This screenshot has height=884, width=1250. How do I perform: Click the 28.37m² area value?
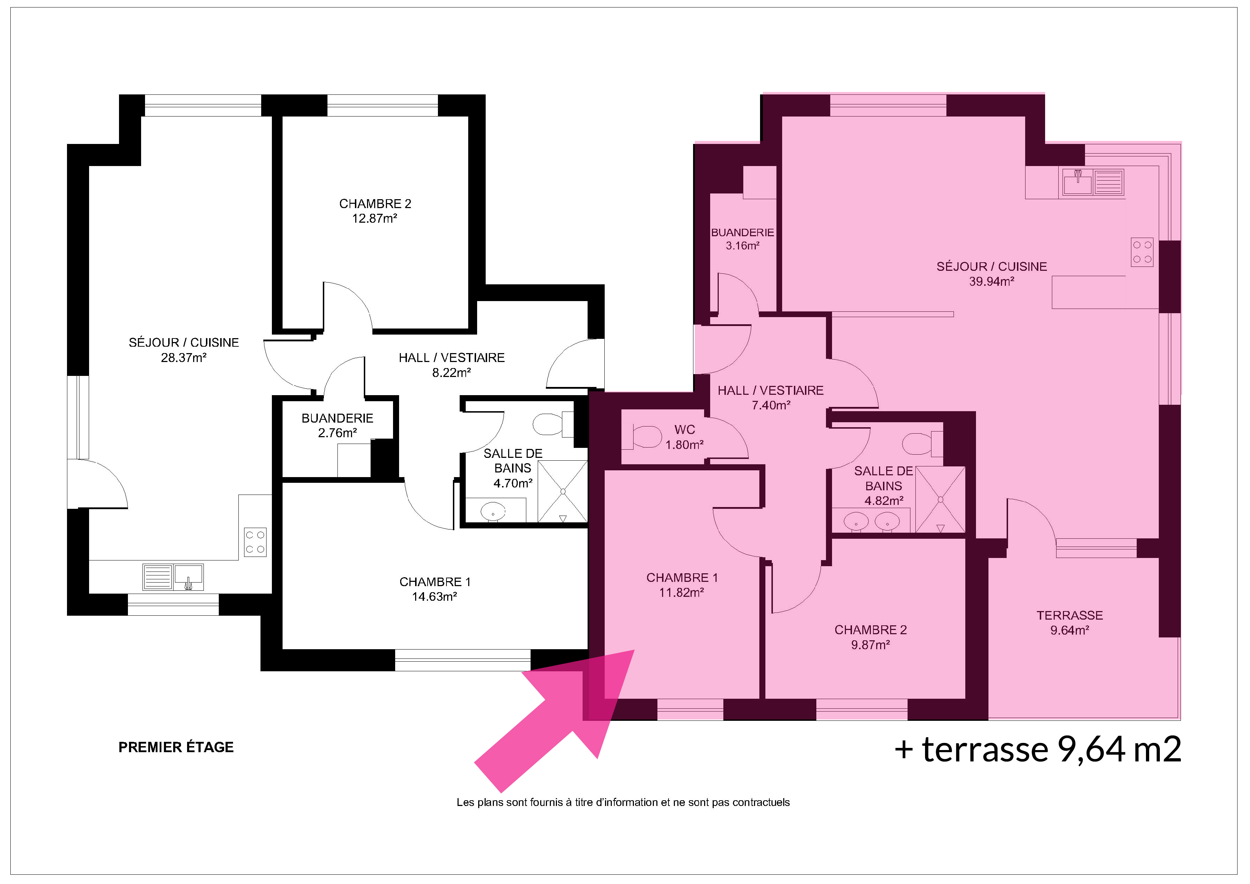184,358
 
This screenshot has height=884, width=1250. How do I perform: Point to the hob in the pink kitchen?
1142,252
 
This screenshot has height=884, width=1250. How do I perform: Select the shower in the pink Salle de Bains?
940,500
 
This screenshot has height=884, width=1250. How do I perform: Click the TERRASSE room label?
1070,616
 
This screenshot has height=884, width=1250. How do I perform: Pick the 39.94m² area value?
991,281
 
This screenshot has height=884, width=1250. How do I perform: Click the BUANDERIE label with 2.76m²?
337,418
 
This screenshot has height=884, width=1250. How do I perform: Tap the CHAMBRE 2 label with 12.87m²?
375,203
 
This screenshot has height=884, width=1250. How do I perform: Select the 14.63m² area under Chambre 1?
434,596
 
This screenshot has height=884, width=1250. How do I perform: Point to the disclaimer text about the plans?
623,802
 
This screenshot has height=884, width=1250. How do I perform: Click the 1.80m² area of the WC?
685,445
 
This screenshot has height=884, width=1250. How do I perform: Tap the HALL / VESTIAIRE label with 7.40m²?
770,390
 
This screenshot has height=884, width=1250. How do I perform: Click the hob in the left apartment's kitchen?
255,541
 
